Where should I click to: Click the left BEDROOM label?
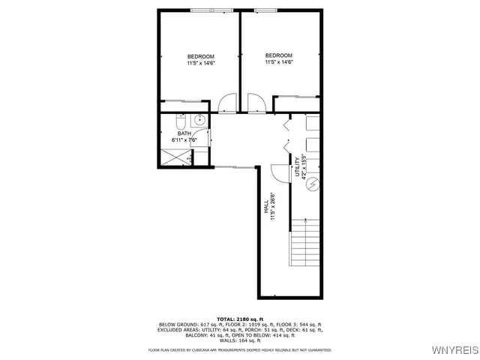click(201, 57)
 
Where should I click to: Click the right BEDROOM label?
click(278, 55)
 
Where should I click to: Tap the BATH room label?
click(184, 133)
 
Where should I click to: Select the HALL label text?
click(266, 208)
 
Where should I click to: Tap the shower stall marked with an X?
click(173, 157)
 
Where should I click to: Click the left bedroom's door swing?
click(228, 103)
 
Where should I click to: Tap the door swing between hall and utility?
click(279, 172)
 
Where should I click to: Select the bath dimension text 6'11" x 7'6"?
click(184, 140)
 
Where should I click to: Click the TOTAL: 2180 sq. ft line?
click(239, 319)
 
